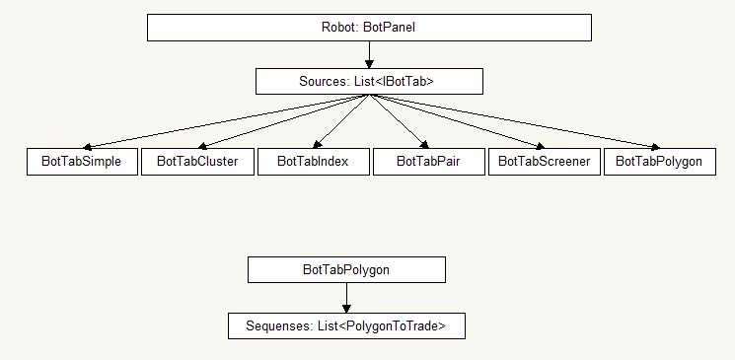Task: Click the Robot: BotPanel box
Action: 369,28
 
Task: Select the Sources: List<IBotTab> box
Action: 369,81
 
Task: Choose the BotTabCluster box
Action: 197,162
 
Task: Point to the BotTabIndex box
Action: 313,162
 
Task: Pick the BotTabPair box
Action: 428,162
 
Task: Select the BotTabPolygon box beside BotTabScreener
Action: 659,162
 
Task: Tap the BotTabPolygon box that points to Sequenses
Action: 346,269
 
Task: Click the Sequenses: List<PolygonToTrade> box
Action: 346,325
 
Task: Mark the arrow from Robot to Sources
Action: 369,54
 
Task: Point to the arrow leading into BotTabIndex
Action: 341,121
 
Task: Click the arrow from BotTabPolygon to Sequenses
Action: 346,298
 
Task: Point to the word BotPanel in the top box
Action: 391,28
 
